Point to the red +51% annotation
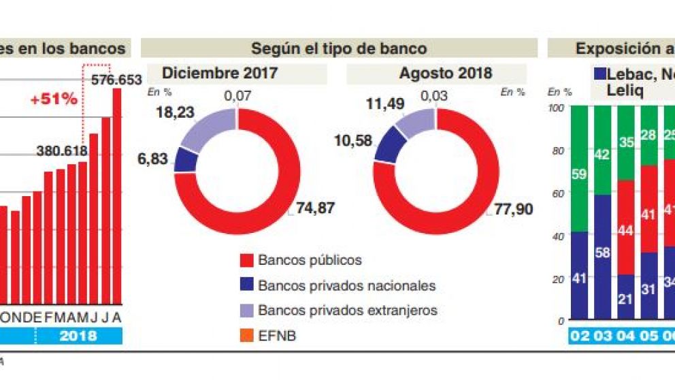coord(53,99)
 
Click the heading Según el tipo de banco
coord(339,48)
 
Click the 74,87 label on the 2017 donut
coord(315,208)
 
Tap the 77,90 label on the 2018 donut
coord(514,209)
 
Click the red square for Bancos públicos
coord(246,260)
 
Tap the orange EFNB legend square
coord(246,336)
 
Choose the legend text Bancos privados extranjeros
coord(347,311)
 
